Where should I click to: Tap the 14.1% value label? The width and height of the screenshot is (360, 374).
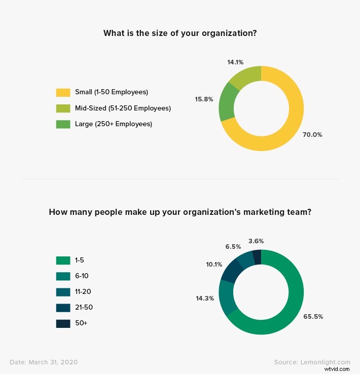(235, 62)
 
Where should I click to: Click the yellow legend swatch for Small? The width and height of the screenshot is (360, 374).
(63, 92)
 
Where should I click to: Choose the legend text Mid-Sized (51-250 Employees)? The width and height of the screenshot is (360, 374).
(123, 108)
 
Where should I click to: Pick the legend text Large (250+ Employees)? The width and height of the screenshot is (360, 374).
(113, 124)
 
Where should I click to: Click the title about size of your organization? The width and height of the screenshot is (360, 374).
(179, 33)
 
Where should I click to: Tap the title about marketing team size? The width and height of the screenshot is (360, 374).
(179, 212)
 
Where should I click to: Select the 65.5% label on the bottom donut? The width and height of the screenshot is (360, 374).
(313, 316)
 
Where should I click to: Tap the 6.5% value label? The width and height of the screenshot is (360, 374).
(233, 246)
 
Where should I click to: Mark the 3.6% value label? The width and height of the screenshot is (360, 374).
(257, 241)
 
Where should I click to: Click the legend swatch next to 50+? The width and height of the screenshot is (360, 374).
(63, 323)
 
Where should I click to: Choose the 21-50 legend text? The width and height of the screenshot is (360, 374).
(84, 307)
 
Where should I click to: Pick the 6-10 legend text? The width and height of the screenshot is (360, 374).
(82, 276)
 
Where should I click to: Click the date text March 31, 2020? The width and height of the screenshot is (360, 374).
(44, 362)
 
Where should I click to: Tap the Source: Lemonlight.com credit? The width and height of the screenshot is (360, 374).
(312, 362)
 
